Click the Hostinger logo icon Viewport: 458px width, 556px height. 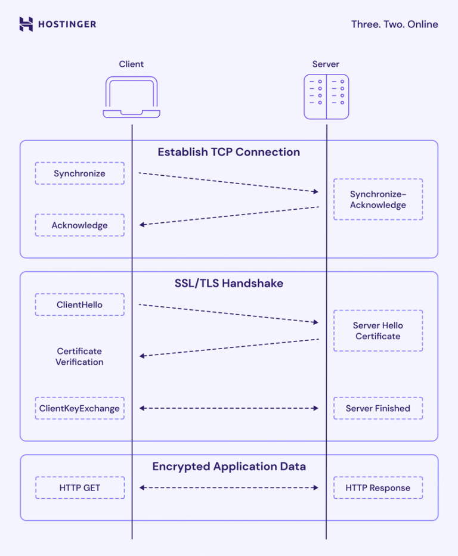(26, 24)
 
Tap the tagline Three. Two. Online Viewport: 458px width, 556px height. (394, 24)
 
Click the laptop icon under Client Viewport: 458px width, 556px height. (131, 97)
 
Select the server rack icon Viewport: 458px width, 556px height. (326, 97)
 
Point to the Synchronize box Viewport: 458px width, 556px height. (79, 173)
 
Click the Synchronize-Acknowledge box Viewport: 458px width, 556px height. (377, 200)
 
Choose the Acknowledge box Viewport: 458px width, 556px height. (79, 225)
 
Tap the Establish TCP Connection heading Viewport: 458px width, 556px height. (228, 152)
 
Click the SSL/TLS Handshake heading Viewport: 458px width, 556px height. (228, 283)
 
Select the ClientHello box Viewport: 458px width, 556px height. (79, 305)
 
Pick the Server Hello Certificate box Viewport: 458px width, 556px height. (377, 331)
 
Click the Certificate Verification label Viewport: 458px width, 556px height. (79, 356)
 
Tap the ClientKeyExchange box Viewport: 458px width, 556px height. (79, 408)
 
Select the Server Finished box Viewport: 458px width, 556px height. (377, 408)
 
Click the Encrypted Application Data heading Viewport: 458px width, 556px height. (228, 466)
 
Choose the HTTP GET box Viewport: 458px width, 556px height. (79, 487)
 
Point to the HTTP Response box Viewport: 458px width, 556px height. (377, 487)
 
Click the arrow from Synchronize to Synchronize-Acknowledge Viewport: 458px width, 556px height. (228, 182)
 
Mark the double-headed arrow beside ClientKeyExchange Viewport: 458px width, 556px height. (228, 408)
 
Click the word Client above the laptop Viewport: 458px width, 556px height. (131, 64)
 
